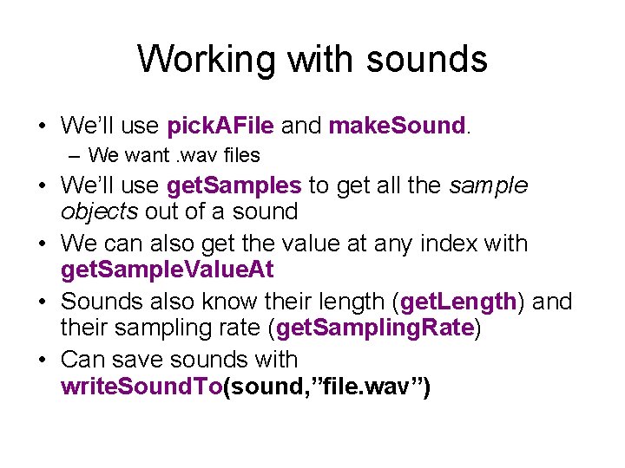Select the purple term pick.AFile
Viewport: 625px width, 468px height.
pos(220,126)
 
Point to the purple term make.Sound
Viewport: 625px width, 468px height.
pos(398,126)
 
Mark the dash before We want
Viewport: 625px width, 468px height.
pos(76,156)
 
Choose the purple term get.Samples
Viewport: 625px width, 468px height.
pos(234,186)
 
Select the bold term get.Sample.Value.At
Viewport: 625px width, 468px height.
pos(167,270)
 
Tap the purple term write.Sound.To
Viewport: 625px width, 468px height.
pos(141,386)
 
